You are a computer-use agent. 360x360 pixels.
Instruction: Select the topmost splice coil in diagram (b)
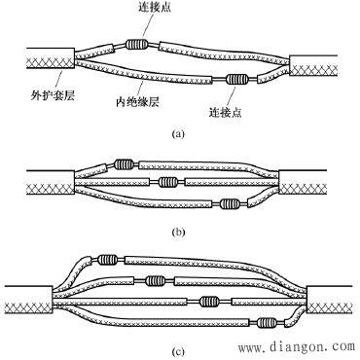point(124,164)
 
